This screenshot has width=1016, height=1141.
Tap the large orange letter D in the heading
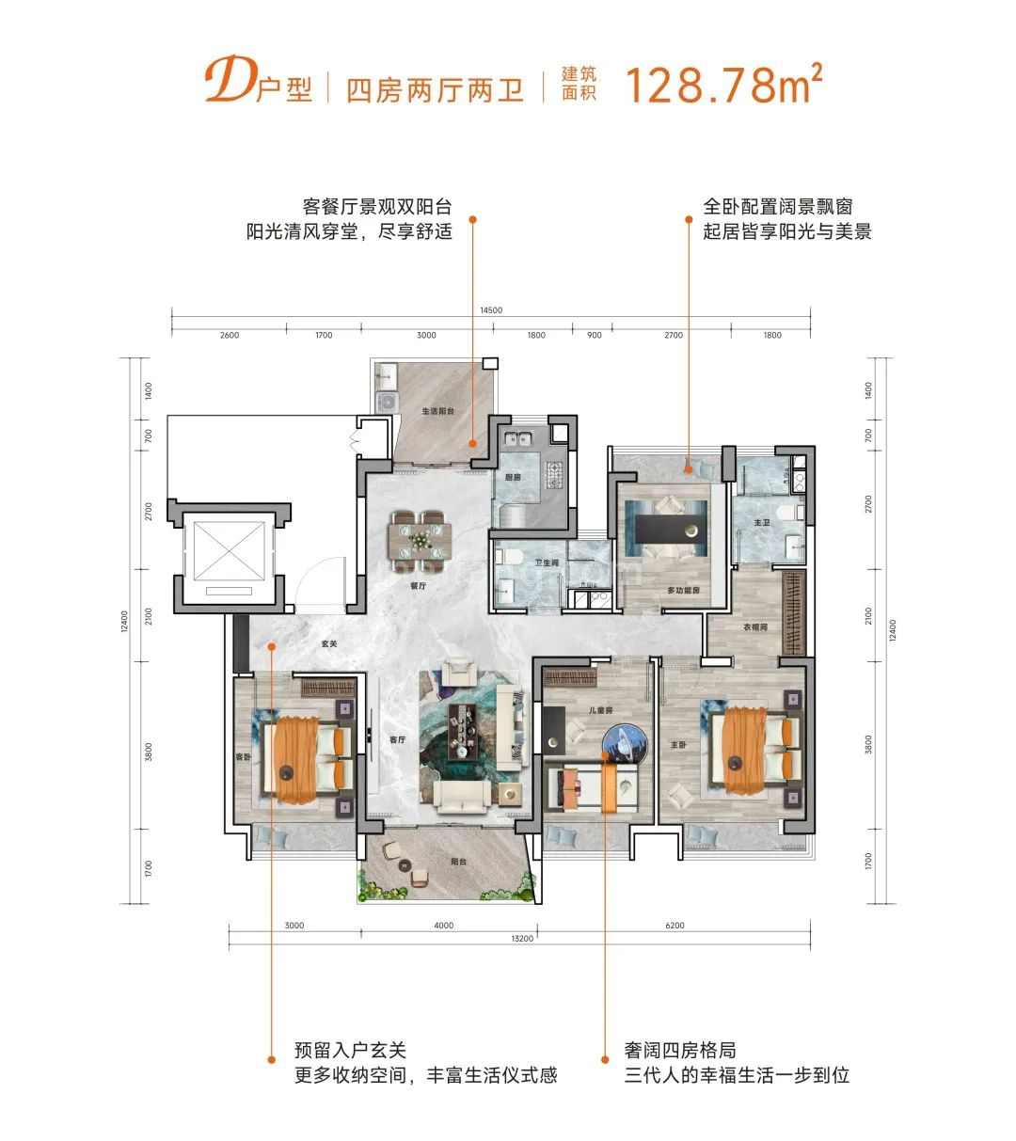[x=223, y=84]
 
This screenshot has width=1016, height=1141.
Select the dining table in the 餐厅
[x=421, y=541]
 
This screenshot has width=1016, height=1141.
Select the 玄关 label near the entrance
[x=328, y=644]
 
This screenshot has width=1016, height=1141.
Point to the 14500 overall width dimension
[x=491, y=309]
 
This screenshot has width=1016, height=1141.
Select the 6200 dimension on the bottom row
[x=674, y=926]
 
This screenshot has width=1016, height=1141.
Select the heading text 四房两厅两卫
[x=435, y=90]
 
